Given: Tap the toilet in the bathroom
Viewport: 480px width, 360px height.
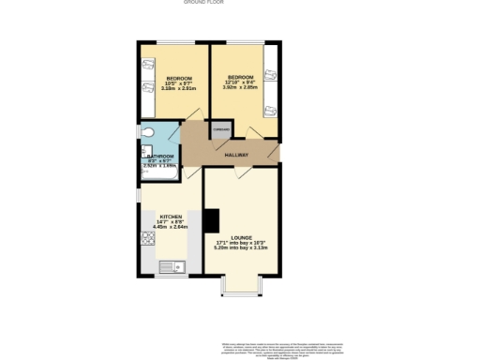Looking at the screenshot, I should [146, 131].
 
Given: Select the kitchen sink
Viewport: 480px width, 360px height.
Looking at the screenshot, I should [173, 265].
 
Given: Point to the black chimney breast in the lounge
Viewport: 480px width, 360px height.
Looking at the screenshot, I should [211, 220].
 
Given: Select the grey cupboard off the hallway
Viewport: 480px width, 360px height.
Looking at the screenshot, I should [221, 131].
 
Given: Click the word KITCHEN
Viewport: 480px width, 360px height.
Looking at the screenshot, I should [171, 215].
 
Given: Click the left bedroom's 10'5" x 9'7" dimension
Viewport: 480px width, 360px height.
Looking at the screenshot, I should [179, 83].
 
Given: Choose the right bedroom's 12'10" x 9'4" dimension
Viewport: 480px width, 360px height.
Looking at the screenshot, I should [238, 83].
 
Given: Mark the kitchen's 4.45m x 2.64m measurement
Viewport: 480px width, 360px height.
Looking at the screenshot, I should [171, 226].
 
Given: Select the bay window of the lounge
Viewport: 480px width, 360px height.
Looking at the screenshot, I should [241, 284].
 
